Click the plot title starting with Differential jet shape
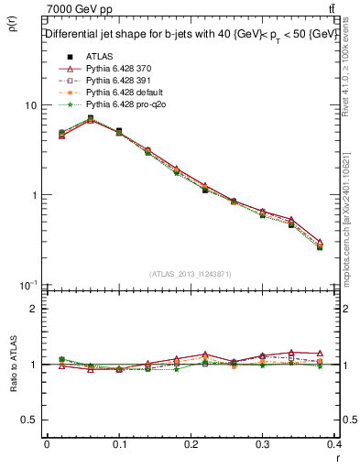point(191,34)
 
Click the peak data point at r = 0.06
point(90,118)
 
